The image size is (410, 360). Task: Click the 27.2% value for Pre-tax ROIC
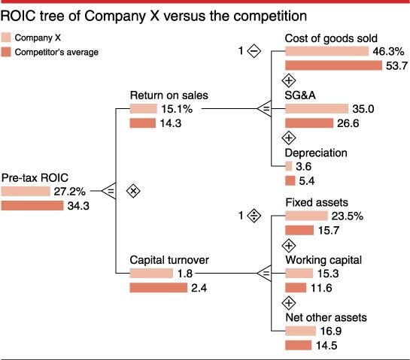pyautogui.click(x=69, y=192)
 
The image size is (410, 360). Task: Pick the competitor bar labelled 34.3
pyautogui.click(x=32, y=206)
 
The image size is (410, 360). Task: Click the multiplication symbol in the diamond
pyautogui.click(x=133, y=191)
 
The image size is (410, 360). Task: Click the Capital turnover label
pyautogui.click(x=169, y=260)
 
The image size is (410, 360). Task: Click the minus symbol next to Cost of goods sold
pyautogui.click(x=254, y=52)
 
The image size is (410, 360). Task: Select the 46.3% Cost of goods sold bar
pyautogui.click(x=323, y=52)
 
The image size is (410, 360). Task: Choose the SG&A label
pyautogui.click(x=302, y=95)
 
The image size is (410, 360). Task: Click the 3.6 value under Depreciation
pyautogui.click(x=304, y=167)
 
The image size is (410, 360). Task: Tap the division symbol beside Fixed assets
pyautogui.click(x=254, y=216)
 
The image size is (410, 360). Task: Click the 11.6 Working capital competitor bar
pyautogui.click(x=296, y=288)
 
